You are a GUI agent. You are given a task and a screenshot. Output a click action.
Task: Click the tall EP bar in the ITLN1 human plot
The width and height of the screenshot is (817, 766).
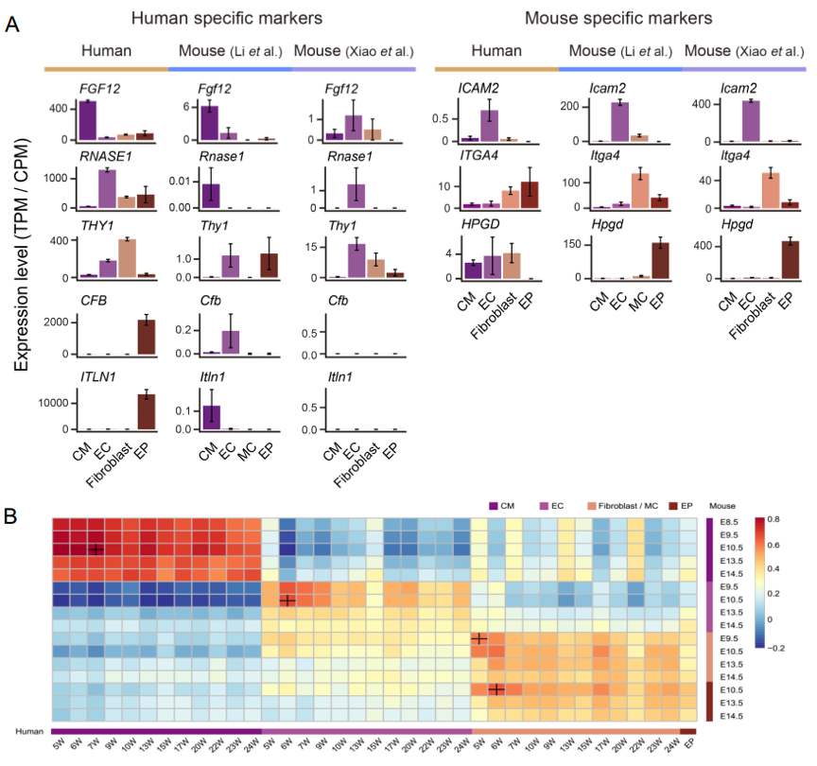(146, 411)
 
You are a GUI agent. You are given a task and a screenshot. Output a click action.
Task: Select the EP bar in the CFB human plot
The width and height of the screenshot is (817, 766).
(146, 337)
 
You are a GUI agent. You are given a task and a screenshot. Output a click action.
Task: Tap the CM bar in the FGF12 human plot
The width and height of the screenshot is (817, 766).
(88, 121)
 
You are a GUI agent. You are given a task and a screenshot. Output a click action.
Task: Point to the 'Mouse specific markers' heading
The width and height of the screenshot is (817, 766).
(617, 18)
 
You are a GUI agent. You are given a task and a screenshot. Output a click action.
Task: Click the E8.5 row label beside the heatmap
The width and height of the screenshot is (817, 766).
(731, 522)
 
